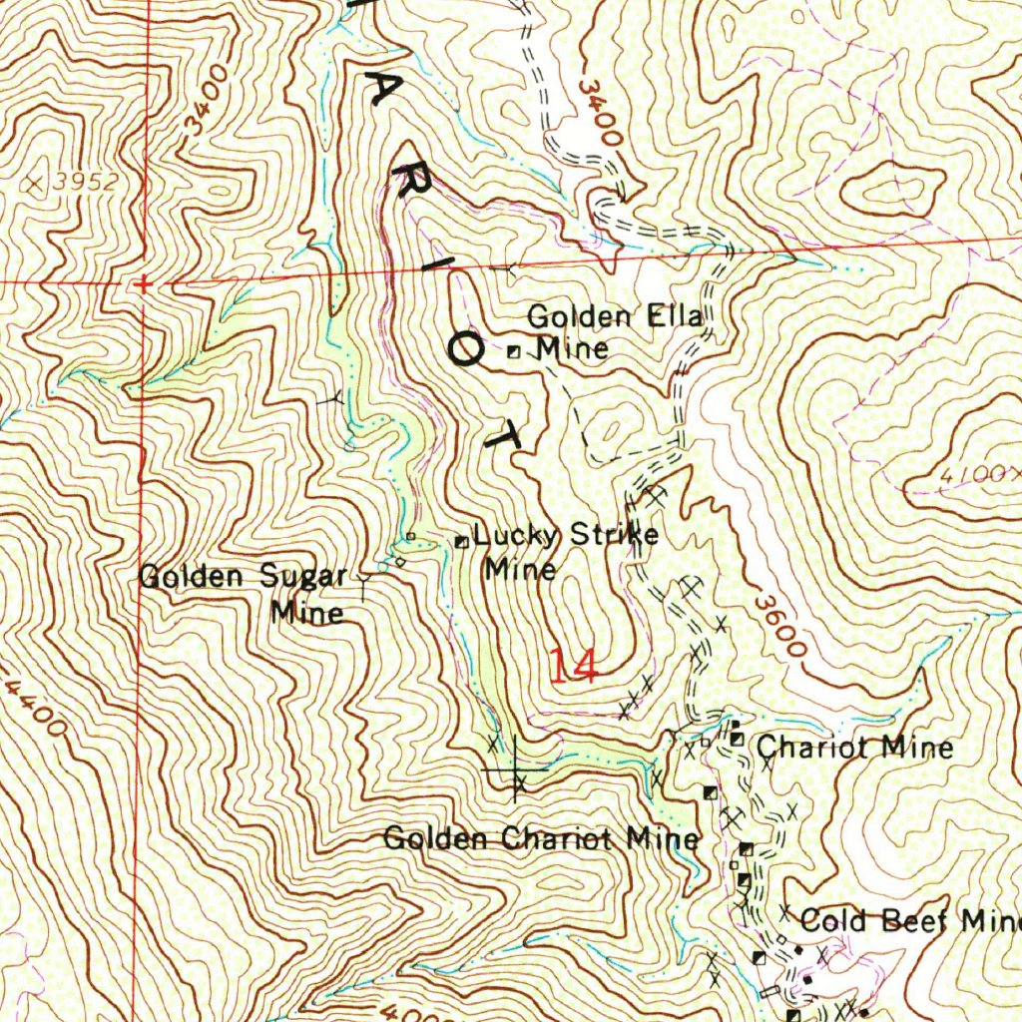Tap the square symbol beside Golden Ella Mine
pos(513,351)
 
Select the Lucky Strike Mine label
pos(564,550)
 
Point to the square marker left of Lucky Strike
pos(461,542)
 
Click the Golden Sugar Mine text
pos(245,593)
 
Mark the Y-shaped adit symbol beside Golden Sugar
pos(363,577)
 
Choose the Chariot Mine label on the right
pos(854,747)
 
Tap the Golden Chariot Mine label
pos(541,838)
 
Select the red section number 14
pos(574,666)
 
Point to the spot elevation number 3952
pos(87,182)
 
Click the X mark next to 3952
pos(38,183)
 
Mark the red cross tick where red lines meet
pos(145,284)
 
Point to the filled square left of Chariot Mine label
pos(737,740)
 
